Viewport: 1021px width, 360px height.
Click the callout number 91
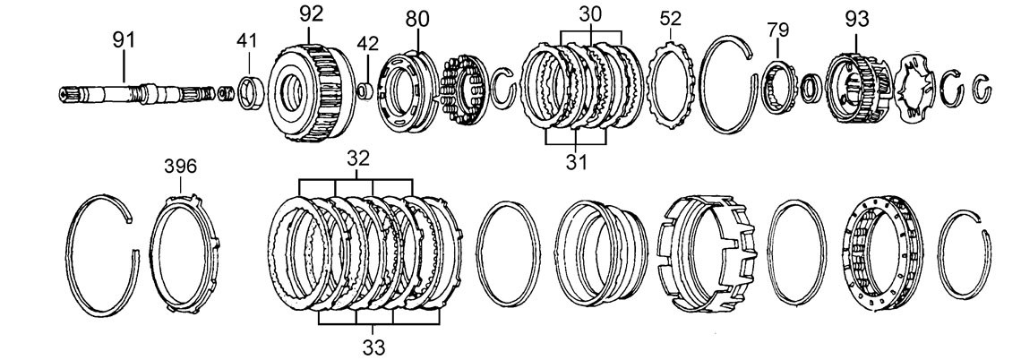coord(124,40)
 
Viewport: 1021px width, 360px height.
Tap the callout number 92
coord(311,13)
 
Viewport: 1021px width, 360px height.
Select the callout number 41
coord(247,40)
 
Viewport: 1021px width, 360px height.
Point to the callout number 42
coord(367,43)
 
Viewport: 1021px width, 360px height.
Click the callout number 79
coord(777,30)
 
